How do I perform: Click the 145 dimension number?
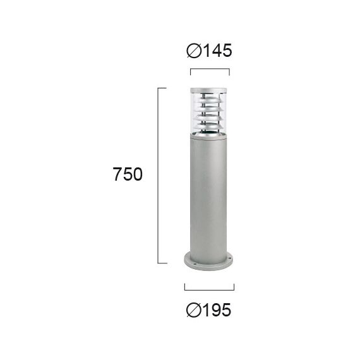coord(218,51)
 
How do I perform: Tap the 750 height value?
coord(128,174)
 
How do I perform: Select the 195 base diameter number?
coord(217,310)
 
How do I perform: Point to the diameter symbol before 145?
coord(194,51)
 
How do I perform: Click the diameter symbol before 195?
coord(194,310)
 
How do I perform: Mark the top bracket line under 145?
coord(210,69)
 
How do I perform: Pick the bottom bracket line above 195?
coord(209,290)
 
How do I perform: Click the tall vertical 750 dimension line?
coord(158,176)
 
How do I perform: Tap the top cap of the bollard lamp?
coord(208,90)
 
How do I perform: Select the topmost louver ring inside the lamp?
coord(208,100)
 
